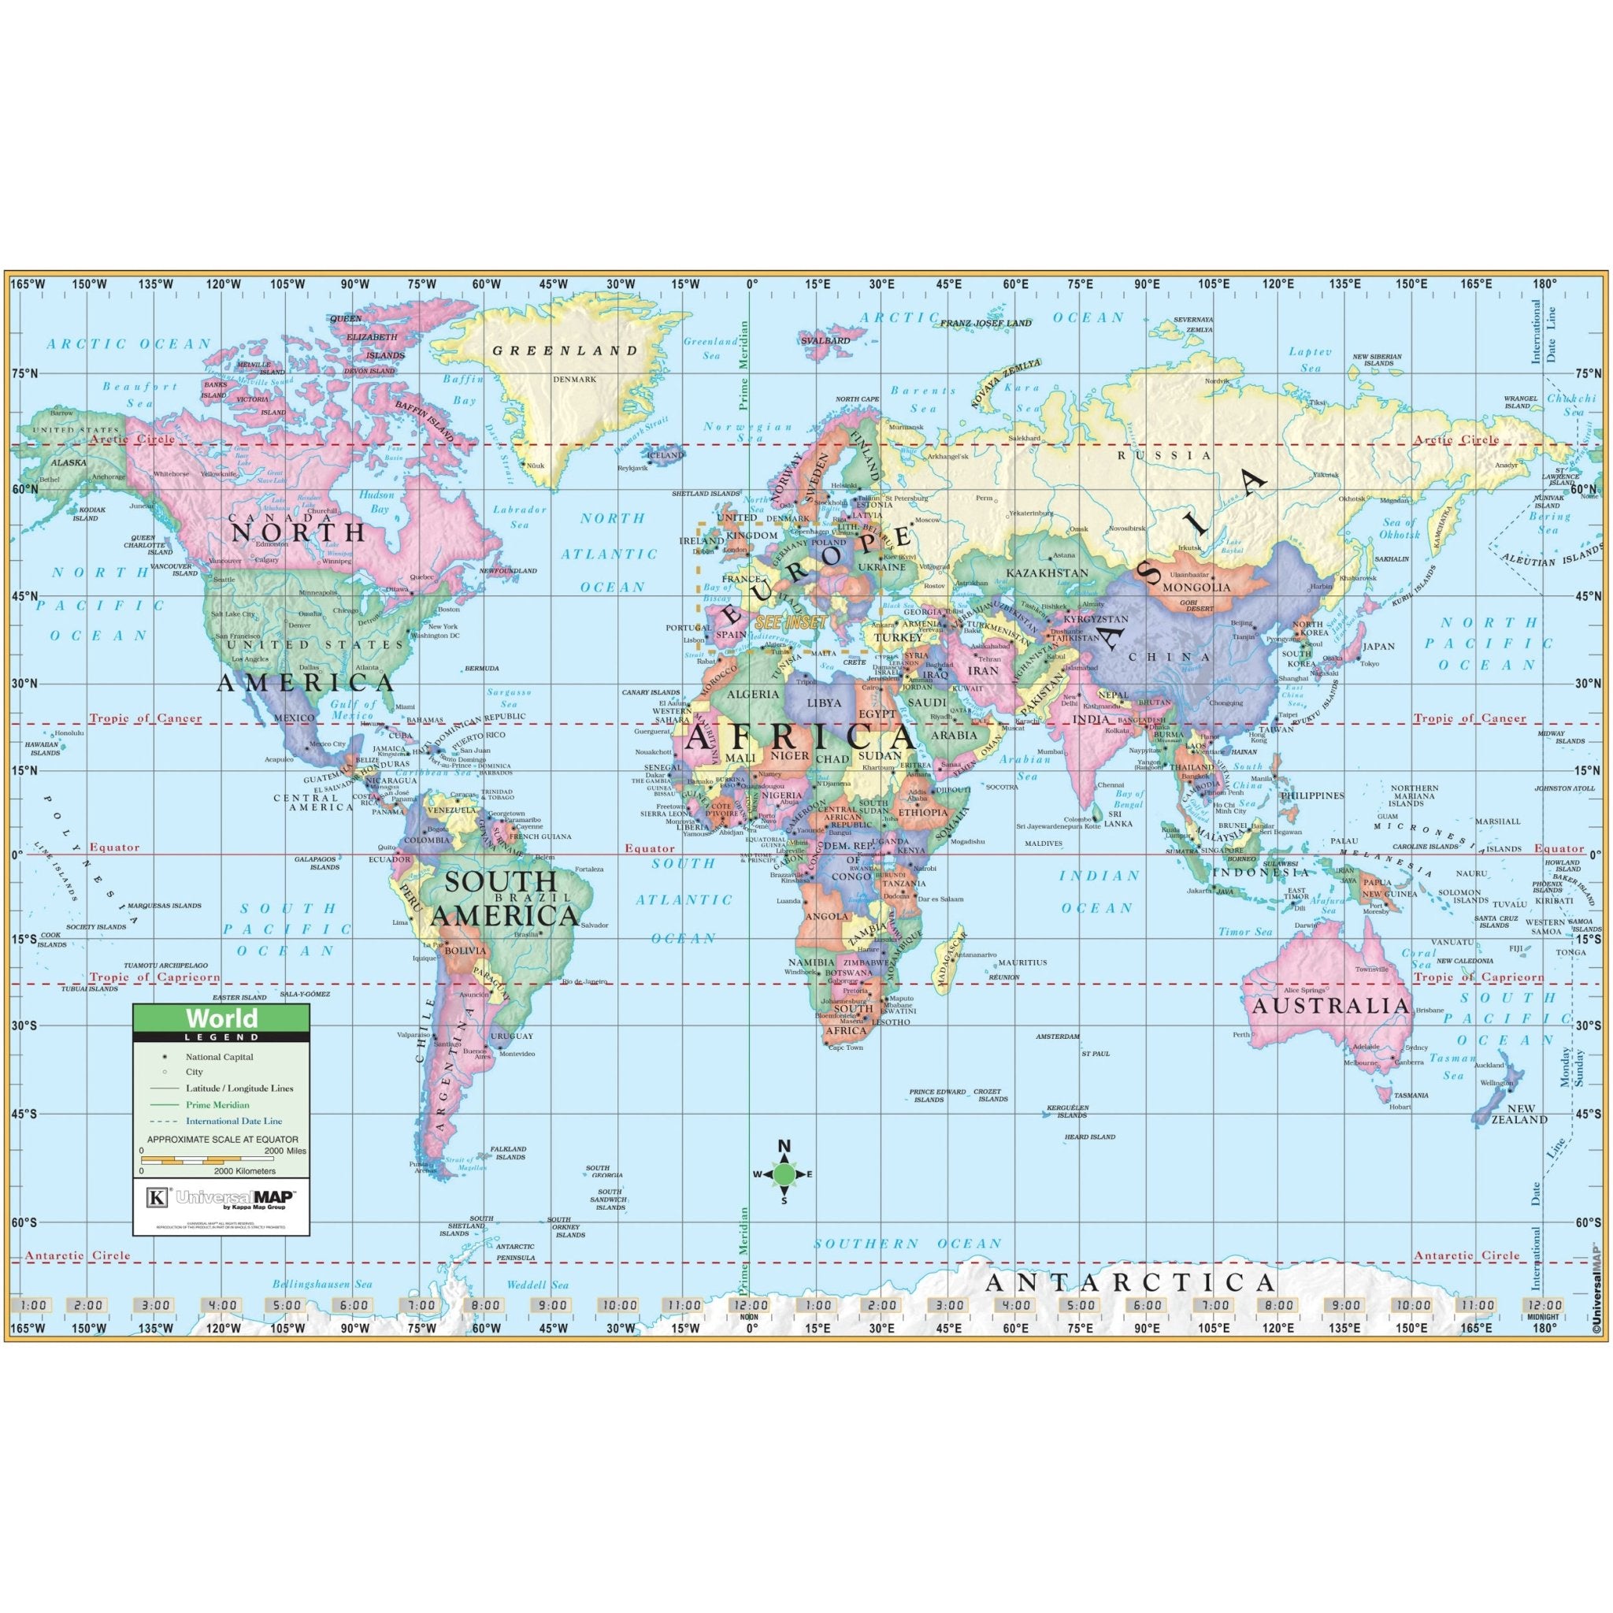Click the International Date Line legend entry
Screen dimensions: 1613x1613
coord(234,1122)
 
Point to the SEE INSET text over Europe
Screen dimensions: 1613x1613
coord(791,622)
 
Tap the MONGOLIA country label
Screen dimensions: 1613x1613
coord(1201,587)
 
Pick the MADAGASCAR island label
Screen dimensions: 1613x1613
coord(951,960)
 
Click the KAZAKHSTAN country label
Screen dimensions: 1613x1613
coord(1047,573)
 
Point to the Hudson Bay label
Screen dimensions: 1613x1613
coord(376,501)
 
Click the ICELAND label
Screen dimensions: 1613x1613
coord(666,456)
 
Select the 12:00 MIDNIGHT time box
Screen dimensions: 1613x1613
coord(1541,1307)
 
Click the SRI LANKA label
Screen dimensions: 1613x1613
coord(1117,818)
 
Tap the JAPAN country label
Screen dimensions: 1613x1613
coord(1378,646)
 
